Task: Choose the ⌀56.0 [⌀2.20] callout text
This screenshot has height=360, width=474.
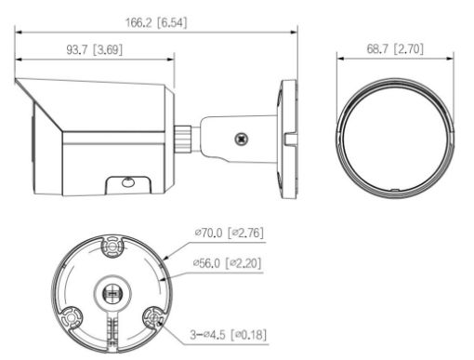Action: coord(230,263)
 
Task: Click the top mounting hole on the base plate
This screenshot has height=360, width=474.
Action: coord(112,247)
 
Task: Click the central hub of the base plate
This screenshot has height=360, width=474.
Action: coord(112,290)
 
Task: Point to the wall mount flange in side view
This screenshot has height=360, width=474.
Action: coord(287,134)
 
